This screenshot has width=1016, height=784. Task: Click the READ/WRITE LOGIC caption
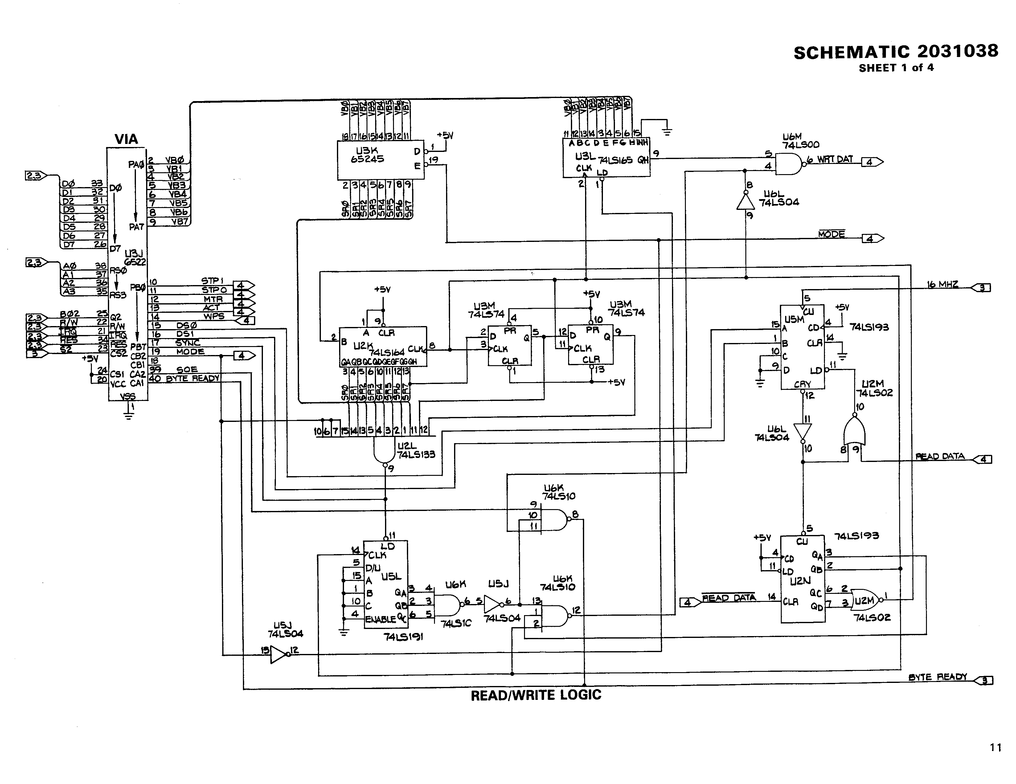[x=536, y=695]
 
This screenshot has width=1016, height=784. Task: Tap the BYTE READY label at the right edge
[x=937, y=677]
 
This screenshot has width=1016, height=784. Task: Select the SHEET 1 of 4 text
[x=896, y=68]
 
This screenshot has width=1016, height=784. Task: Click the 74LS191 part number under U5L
[x=403, y=637]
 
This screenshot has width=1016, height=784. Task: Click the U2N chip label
[x=800, y=581]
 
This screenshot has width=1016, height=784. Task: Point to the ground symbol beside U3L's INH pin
[x=668, y=132]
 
